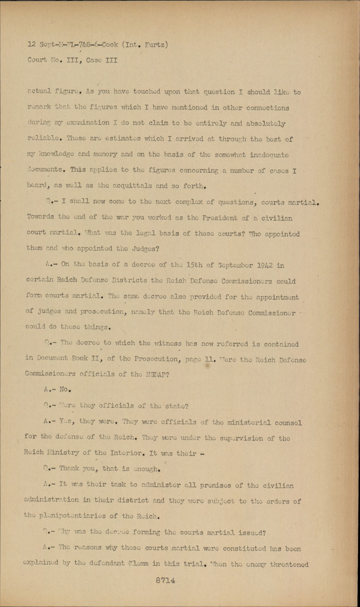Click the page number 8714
click(x=165, y=581)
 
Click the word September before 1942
click(x=231, y=266)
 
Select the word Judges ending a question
click(x=146, y=249)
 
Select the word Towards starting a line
click(x=40, y=217)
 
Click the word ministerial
click(x=248, y=422)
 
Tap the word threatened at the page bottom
click(x=289, y=564)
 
